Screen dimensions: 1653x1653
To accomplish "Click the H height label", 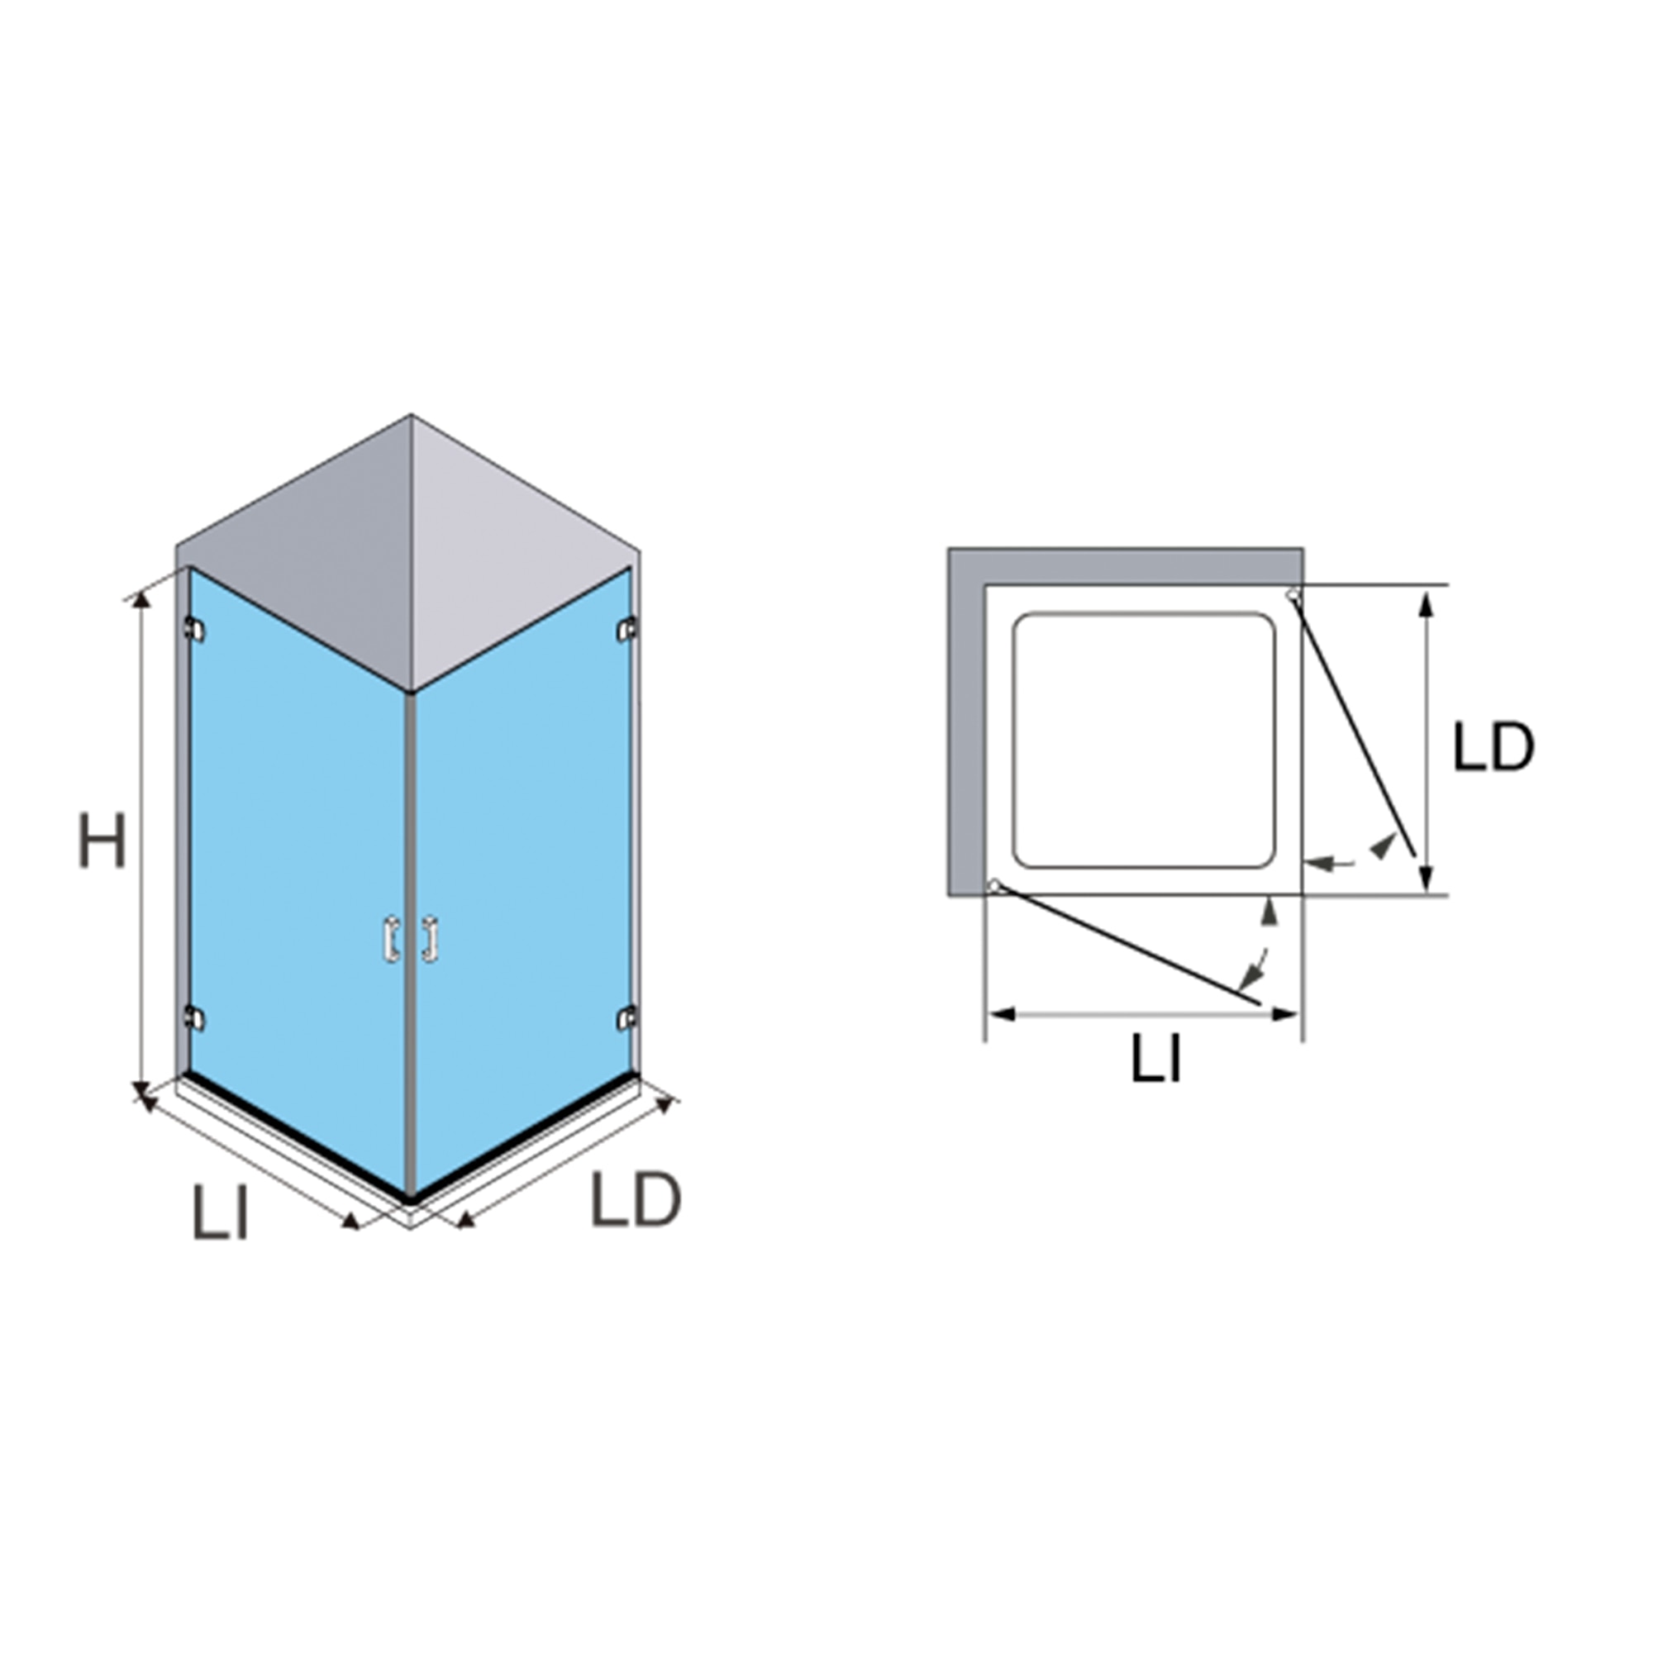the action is [x=102, y=841].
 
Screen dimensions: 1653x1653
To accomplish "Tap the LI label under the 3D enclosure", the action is [x=221, y=1212].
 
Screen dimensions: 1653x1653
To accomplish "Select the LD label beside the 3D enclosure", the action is [x=636, y=1199].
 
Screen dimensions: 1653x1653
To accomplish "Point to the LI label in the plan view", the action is [x=1157, y=1059].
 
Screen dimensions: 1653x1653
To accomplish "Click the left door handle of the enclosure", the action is [x=392, y=941].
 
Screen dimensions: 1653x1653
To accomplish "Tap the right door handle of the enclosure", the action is [x=430, y=941].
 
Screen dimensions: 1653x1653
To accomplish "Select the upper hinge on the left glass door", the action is [x=194, y=630].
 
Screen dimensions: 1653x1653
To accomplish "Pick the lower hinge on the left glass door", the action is [x=194, y=1018].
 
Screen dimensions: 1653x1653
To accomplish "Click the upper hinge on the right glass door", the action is [x=628, y=630].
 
